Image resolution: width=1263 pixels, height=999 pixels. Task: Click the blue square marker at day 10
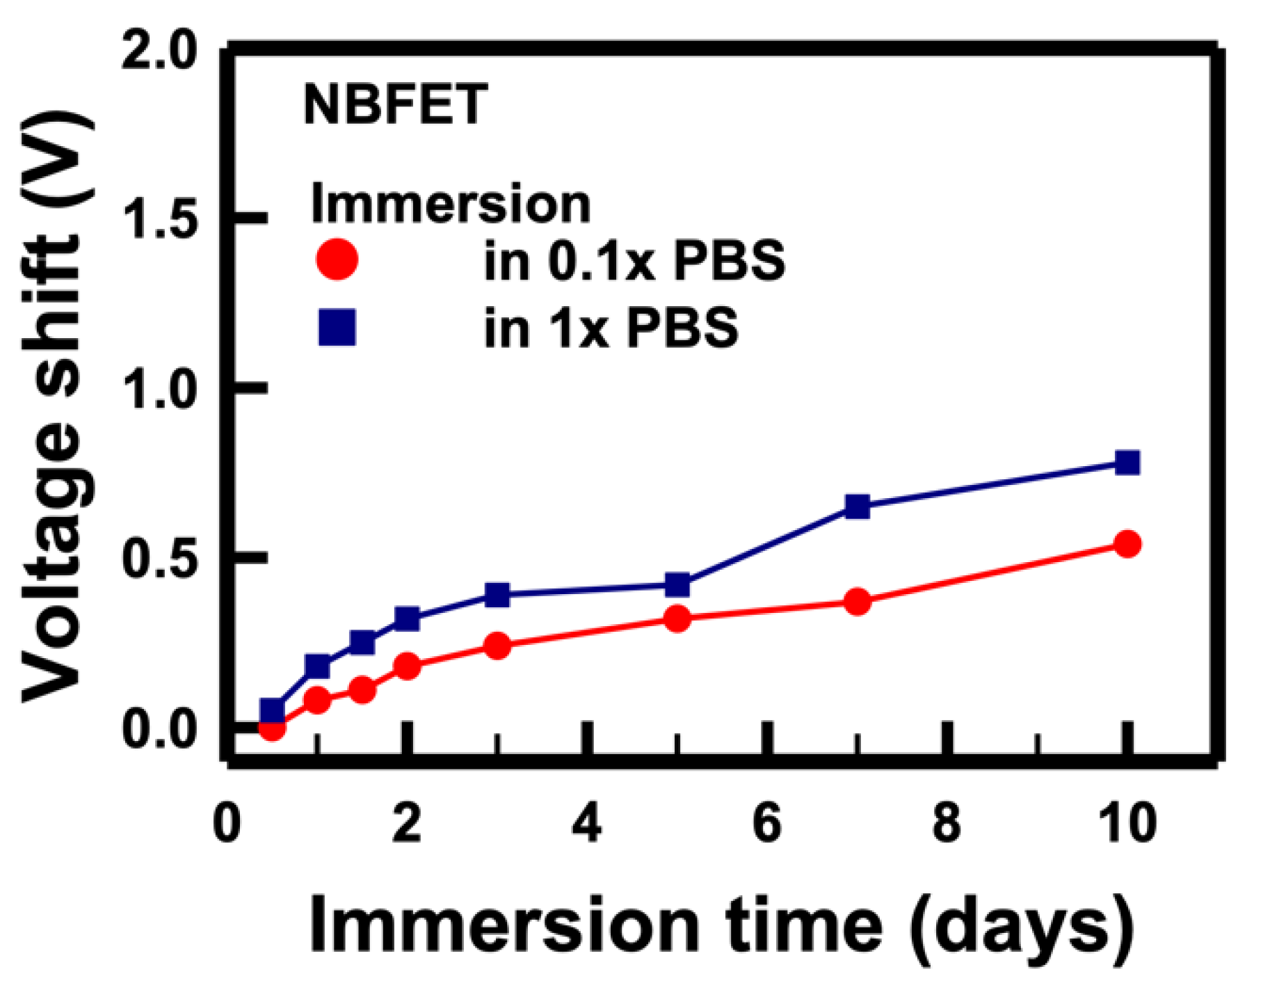click(1127, 463)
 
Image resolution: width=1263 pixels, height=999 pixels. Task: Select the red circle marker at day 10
click(1127, 544)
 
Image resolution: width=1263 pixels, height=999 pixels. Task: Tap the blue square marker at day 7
click(858, 506)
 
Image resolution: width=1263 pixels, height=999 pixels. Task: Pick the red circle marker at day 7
click(858, 602)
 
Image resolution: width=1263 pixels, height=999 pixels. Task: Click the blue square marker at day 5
click(677, 585)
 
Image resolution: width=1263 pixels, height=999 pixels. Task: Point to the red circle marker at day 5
click(677, 618)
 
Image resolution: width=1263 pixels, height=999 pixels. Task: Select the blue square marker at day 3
click(497, 595)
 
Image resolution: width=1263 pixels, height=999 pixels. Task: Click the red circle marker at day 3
click(497, 646)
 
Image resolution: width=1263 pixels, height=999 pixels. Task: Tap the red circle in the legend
click(337, 259)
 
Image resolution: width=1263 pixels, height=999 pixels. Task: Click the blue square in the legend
click(337, 327)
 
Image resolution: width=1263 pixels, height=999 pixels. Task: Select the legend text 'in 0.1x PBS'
click(634, 261)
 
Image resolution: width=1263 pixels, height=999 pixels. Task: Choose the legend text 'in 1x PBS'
click(611, 327)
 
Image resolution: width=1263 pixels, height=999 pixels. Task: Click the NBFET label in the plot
click(395, 104)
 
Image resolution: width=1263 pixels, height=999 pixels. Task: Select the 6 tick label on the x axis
click(767, 824)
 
